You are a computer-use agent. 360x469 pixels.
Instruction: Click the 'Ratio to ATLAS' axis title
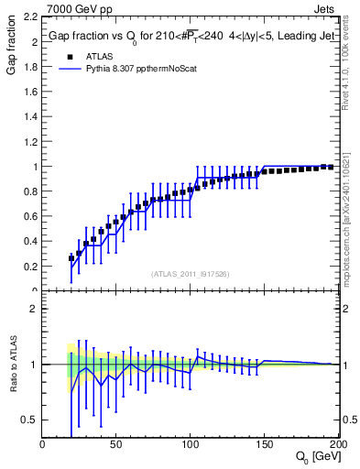(12, 365)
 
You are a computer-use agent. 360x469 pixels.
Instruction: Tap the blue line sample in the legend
(71, 70)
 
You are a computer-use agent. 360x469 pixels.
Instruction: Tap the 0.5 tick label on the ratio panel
(30, 420)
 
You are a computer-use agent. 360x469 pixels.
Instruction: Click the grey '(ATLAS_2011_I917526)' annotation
(191, 273)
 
